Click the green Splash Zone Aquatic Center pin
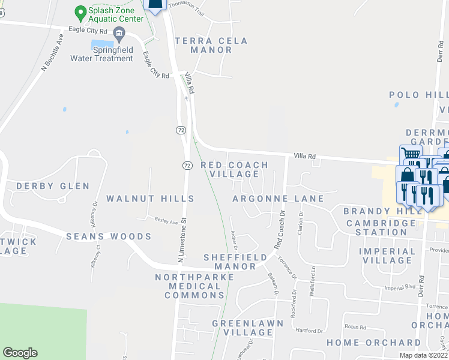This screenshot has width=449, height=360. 79,11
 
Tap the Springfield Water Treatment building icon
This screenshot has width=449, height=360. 119,32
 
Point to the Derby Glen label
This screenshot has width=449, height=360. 53,186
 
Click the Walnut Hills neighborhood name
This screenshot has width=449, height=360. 150,198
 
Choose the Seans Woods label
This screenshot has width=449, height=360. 109,236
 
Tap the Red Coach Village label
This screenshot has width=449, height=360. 234,169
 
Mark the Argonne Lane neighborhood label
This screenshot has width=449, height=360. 278,199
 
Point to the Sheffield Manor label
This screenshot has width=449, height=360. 235,262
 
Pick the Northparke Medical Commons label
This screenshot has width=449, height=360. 188,286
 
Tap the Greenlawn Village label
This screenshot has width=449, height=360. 243,328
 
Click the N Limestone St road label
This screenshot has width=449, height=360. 182,239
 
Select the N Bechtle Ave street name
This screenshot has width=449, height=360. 52,53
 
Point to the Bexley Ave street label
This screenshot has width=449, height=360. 166,221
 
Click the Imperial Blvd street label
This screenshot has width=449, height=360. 400,288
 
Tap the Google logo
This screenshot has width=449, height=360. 20,353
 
